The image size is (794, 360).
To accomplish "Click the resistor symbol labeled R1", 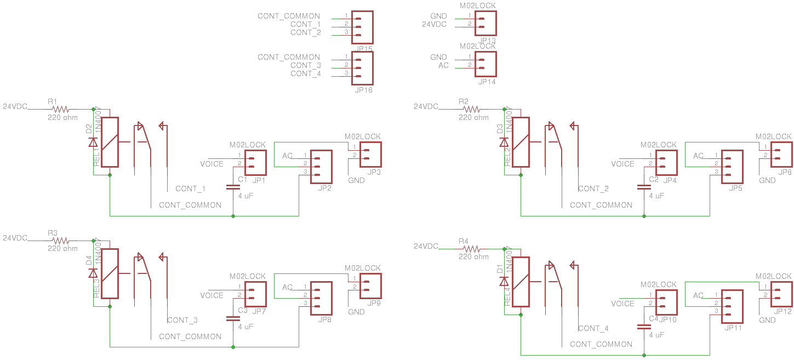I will [60, 109].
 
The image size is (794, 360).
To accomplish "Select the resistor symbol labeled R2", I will [471, 109].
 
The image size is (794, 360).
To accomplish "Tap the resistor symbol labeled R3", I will [60, 241].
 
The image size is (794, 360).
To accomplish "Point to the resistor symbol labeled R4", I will [471, 249].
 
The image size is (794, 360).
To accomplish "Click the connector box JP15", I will [362, 27].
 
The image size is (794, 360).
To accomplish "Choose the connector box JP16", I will [362, 68].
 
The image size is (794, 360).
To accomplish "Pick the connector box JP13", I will [485, 23].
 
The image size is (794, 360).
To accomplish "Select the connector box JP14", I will [485, 64].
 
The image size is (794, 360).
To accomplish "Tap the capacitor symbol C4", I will [644, 327].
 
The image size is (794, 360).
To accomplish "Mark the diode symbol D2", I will [93, 142].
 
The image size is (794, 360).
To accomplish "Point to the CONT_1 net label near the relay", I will [190, 188].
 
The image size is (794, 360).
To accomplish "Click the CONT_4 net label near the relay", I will [593, 328].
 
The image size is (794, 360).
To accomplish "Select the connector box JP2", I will [321, 167].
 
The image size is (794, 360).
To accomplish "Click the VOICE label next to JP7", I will [212, 295].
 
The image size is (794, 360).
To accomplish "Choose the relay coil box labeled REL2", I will [521, 142].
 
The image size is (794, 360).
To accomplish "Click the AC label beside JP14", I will [443, 65].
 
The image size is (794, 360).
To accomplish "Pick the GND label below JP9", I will [356, 312].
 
